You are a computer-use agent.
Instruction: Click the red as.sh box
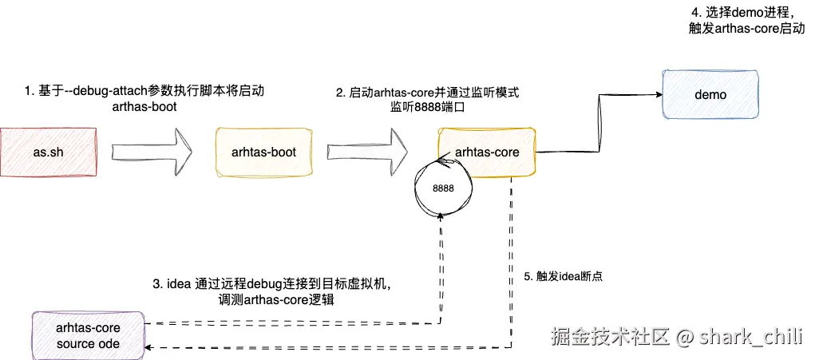[49, 152]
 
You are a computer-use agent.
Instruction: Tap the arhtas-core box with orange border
[486, 152]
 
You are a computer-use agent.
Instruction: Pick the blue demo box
[710, 95]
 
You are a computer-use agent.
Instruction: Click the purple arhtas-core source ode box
[88, 335]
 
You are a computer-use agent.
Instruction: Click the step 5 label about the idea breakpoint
[562, 276]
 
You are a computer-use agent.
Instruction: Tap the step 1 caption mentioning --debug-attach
[144, 99]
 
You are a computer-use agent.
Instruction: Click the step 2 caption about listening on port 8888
[427, 99]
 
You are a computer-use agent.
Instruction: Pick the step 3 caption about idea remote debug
[271, 291]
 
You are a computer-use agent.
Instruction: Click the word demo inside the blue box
[710, 95]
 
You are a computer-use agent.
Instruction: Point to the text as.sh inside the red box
[49, 152]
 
